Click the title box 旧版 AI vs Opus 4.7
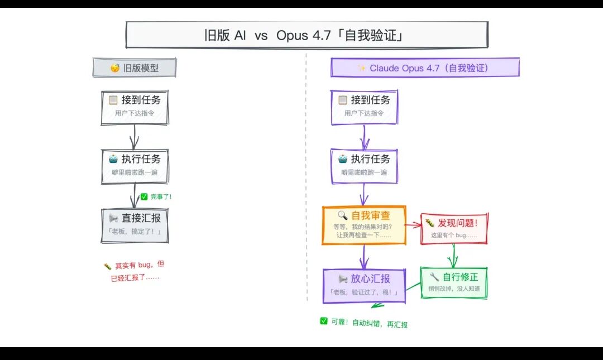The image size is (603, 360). click(307, 35)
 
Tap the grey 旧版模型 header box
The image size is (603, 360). click(135, 68)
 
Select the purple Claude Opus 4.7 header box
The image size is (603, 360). click(424, 68)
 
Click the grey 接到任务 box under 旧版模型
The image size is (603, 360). click(135, 107)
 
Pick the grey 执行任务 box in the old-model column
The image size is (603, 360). click(135, 165)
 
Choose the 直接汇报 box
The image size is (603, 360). click(135, 225)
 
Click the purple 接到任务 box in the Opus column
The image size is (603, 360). click(364, 107)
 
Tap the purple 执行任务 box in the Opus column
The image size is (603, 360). click(364, 165)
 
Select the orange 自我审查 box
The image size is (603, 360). click(364, 225)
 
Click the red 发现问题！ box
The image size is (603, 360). click(453, 228)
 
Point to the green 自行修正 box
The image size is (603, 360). click(453, 282)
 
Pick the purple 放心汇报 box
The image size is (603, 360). click(364, 285)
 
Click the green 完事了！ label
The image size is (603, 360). click(156, 196)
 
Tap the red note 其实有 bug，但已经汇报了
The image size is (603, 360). click(135, 271)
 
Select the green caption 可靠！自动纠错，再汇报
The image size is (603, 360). click(363, 323)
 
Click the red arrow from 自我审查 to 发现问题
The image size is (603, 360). click(413, 225)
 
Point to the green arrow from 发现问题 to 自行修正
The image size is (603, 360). click(453, 256)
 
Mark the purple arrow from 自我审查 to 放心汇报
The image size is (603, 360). click(364, 257)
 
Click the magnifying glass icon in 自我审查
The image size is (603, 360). click(342, 215)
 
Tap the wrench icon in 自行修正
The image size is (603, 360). click(434, 277)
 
